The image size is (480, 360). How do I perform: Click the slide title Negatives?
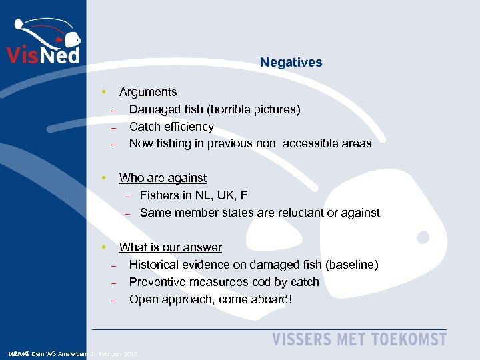[x=291, y=63]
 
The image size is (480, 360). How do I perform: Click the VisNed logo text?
[x=43, y=53]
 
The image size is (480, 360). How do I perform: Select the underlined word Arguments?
[x=148, y=92]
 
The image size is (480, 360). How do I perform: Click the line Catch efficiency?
[x=171, y=126]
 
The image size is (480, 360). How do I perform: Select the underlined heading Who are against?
[x=163, y=178]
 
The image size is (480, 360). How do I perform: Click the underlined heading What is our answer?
[x=170, y=247]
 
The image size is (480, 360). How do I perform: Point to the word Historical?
[x=156, y=265]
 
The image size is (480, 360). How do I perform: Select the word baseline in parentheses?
[x=351, y=265]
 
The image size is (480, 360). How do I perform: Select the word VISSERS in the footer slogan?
[x=301, y=339]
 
